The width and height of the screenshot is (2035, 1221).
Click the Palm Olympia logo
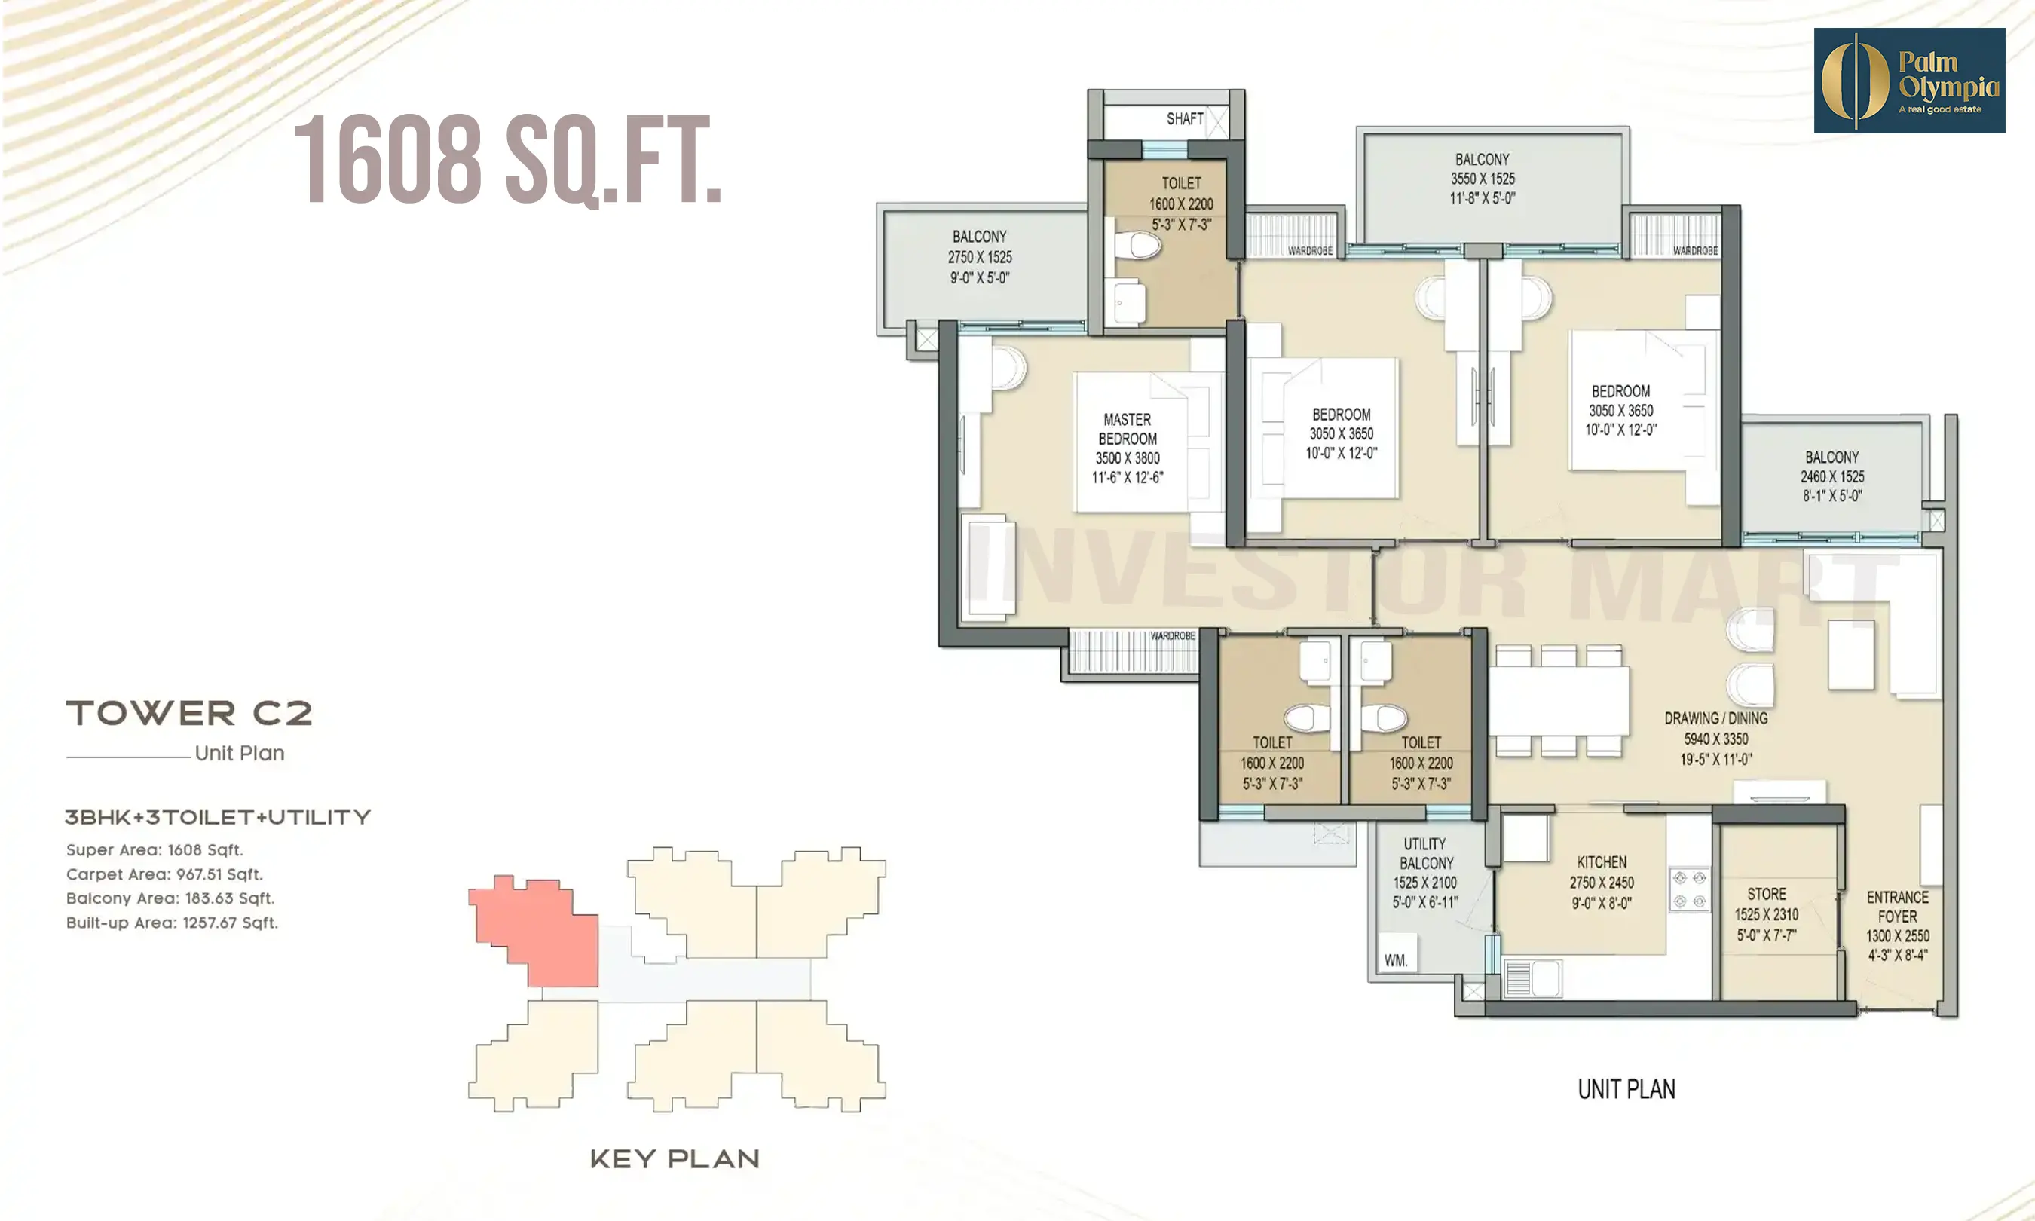point(1908,81)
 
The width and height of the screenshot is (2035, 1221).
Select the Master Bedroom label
point(1127,430)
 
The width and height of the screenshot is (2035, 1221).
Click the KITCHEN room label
point(1601,862)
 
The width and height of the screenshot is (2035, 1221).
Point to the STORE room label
point(1766,894)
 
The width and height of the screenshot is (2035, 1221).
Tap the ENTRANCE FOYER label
point(1897,907)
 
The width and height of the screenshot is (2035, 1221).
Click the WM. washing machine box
point(1396,959)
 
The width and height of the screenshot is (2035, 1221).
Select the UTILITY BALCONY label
point(1425,853)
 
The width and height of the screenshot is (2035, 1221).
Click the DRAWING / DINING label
point(1716,718)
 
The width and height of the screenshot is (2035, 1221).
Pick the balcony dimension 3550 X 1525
point(1483,179)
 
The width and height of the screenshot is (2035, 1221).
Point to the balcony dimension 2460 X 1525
point(1831,476)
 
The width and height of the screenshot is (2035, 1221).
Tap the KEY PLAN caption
point(675,1159)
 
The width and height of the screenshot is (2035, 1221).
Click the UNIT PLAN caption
point(1626,1089)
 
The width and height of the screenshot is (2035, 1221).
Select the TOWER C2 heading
point(189,713)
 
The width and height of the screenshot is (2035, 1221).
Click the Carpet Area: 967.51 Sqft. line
point(164,874)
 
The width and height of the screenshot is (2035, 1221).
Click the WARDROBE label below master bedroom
point(1172,636)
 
